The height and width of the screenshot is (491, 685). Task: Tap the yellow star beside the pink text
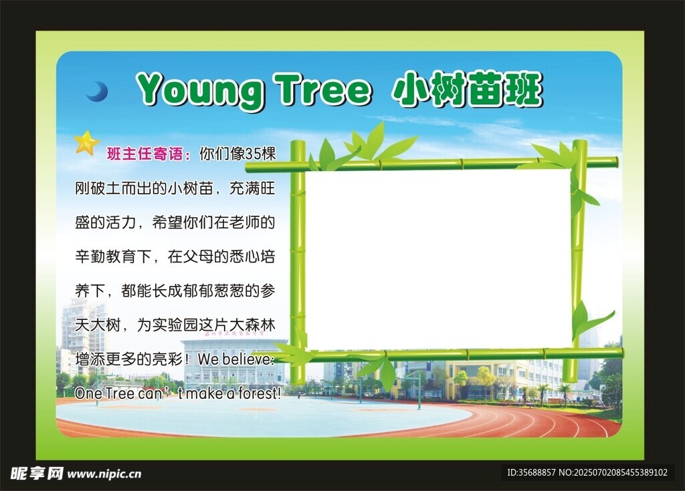(x=86, y=143)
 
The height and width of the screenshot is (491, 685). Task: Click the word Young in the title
(x=200, y=90)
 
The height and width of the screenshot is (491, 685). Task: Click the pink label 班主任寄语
(x=149, y=154)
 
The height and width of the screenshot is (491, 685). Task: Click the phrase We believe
(x=235, y=359)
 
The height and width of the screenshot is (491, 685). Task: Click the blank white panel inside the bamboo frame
(x=437, y=259)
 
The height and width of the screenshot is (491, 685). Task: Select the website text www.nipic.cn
(x=104, y=474)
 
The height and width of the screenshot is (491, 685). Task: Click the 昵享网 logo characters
(x=37, y=474)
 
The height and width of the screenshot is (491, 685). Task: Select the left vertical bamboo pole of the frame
(x=298, y=262)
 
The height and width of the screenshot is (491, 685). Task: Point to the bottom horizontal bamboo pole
(x=450, y=355)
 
